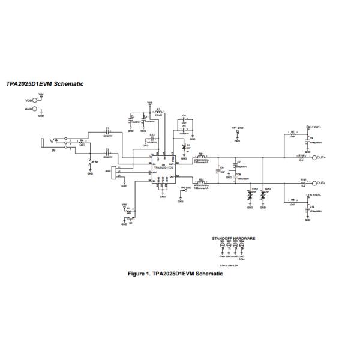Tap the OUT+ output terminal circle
313,157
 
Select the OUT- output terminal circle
313,182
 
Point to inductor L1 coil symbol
159,112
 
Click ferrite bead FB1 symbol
202,157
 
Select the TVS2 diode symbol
263,196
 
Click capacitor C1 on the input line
107,132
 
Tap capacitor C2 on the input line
107,152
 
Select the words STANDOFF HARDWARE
233,238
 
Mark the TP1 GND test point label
237,128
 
